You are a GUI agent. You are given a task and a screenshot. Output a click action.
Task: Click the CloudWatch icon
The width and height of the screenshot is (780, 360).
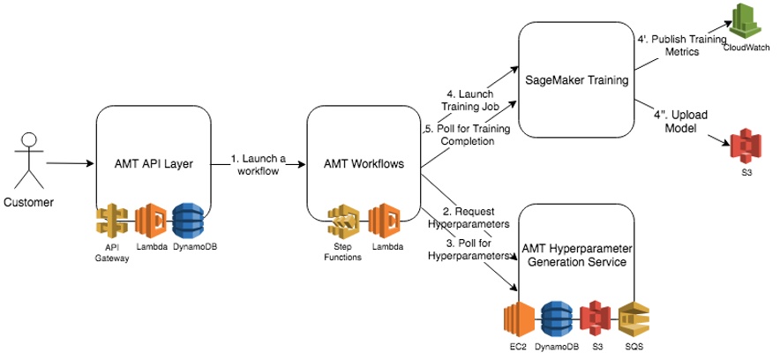745,22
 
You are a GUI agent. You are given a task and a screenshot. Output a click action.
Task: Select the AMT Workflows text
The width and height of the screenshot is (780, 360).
363,166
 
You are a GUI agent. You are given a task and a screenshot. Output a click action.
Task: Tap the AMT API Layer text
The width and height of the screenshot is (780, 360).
155,166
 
